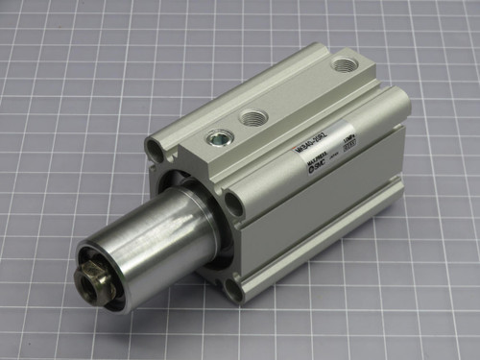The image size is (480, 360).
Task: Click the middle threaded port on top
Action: (x=253, y=118)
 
